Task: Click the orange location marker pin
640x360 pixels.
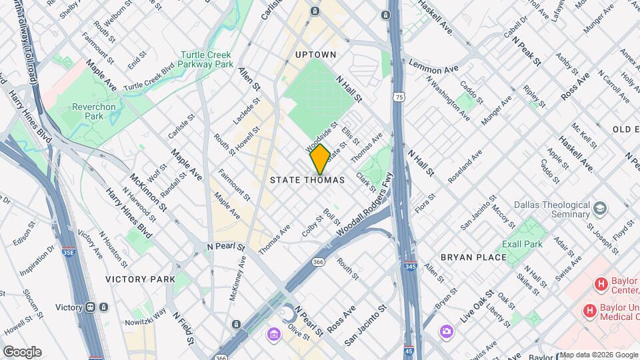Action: coord(320,159)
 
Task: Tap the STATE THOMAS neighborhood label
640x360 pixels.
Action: coord(307,180)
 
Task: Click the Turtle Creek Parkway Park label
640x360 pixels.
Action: coord(207,60)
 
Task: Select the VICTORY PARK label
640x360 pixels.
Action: coord(140,279)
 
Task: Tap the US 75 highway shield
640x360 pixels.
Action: coord(399,97)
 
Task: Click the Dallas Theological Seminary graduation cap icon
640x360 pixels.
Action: coord(601,209)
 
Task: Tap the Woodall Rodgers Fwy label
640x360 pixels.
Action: coord(365,209)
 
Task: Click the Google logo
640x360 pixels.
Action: coord(21,351)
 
